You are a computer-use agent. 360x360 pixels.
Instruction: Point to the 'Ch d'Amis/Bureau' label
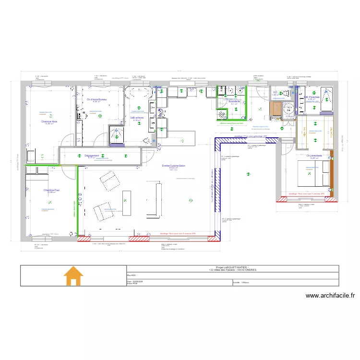tap(96, 99)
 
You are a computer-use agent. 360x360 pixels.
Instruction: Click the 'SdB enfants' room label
tap(136, 118)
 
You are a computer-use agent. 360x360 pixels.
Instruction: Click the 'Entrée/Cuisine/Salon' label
tap(173, 165)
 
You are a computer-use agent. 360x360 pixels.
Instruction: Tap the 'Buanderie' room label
tap(234, 101)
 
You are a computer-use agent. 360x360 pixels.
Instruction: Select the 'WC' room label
tap(275, 93)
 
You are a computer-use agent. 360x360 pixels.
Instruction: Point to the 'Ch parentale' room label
tap(314, 156)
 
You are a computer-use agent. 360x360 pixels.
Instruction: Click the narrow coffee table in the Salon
tap(127, 203)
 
